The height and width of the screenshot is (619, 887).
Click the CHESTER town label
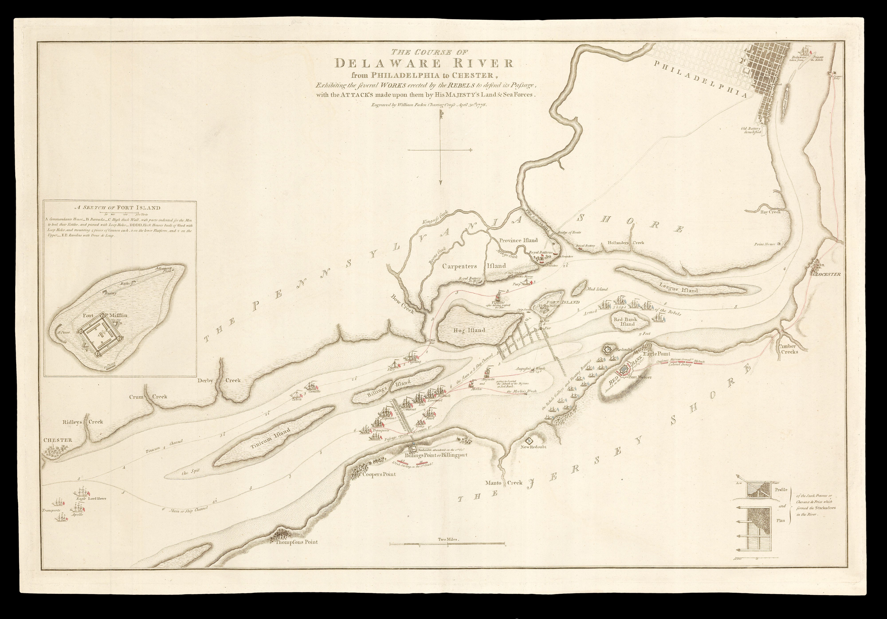(x=58, y=440)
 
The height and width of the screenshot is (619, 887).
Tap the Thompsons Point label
(x=296, y=542)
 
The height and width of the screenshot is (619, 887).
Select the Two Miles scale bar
(x=447, y=544)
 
